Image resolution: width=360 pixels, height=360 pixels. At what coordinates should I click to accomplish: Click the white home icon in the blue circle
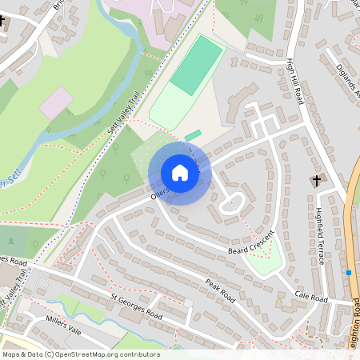(x=180, y=173)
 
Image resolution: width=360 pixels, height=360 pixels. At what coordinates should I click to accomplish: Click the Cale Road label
(x=311, y=298)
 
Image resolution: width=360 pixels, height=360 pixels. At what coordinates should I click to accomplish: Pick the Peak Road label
(x=223, y=290)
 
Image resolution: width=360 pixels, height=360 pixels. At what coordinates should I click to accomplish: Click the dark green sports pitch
(x=196, y=65)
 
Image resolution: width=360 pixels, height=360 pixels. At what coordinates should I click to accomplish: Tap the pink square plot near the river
(x=56, y=103)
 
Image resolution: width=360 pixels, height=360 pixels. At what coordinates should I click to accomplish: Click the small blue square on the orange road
(x=350, y=273)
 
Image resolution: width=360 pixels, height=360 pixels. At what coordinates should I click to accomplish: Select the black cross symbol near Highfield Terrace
(x=316, y=181)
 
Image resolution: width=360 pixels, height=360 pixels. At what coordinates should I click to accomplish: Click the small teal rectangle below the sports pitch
(x=194, y=134)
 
